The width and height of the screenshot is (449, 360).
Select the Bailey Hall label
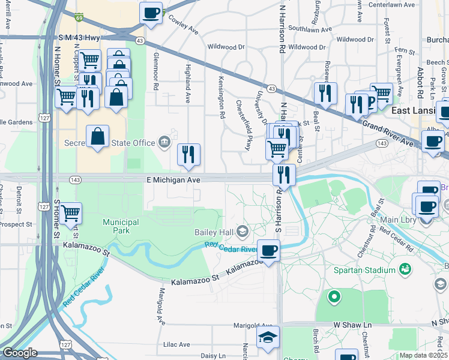214,232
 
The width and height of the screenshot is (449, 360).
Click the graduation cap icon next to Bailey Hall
242,231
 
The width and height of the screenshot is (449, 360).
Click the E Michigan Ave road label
172,179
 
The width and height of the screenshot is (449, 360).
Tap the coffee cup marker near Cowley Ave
151,13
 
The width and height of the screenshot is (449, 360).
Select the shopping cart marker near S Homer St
71,212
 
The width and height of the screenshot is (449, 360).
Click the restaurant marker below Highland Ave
189,155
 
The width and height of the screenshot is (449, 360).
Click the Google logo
20,353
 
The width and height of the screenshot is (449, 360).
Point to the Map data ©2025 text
423,355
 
